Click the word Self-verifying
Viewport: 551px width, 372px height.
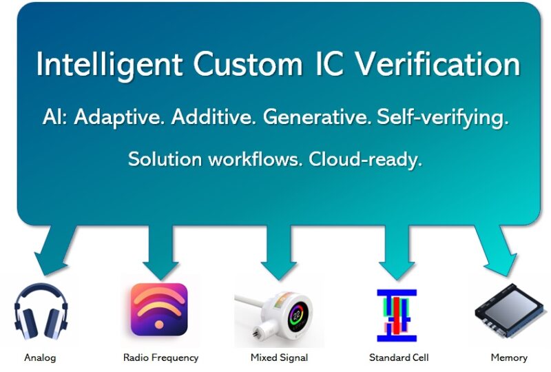coord(443,117)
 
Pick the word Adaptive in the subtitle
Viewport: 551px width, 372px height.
coord(119,117)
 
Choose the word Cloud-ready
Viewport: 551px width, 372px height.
coord(365,160)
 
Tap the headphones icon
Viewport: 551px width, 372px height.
coord(41,311)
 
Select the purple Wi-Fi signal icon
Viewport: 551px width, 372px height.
coord(159,309)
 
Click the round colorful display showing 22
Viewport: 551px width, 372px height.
coord(297,314)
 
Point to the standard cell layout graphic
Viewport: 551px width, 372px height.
coord(397,316)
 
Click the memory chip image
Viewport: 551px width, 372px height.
coord(510,311)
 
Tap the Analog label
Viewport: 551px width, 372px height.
coord(40,358)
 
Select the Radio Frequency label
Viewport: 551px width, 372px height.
coord(161,358)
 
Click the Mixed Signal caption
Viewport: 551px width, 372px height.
coord(280,358)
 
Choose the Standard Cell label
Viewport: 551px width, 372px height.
coord(399,358)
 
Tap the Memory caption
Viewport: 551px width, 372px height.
coord(509,358)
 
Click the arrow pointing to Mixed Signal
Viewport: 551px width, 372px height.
coord(280,251)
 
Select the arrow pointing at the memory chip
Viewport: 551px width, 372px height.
coord(495,249)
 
